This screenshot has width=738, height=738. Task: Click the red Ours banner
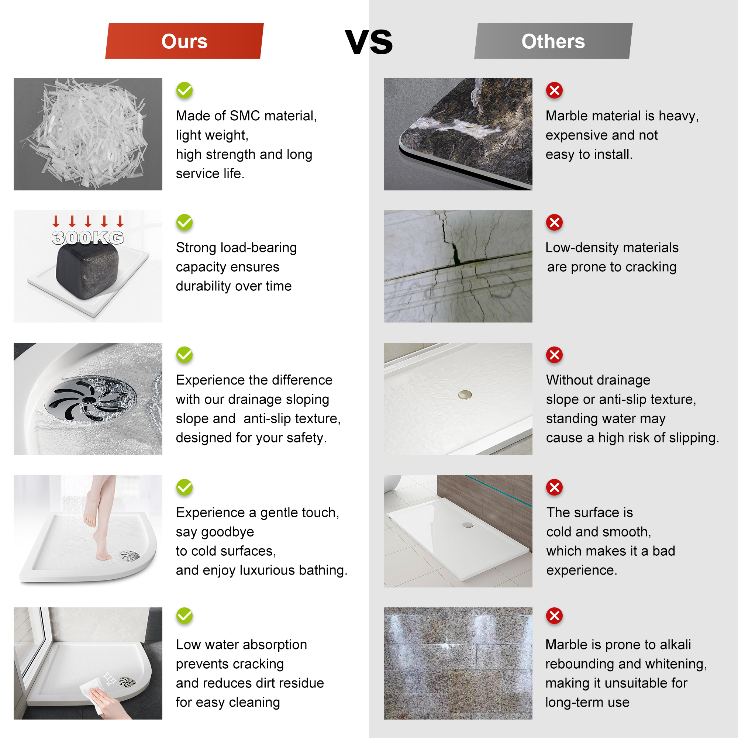click(184, 41)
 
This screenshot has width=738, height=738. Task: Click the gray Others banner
click(553, 41)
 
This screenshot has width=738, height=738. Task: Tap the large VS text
click(369, 42)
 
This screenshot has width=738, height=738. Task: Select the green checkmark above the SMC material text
click(184, 90)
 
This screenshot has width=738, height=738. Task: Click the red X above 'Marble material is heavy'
click(554, 90)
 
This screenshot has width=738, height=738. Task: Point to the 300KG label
click(88, 238)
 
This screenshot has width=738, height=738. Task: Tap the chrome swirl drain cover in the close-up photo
click(90, 399)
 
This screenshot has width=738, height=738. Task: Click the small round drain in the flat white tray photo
click(465, 394)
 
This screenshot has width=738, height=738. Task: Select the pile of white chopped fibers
click(86, 134)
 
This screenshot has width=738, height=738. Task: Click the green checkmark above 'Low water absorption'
click(184, 616)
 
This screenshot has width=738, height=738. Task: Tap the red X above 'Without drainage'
click(554, 355)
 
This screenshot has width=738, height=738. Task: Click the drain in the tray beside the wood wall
click(468, 525)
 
